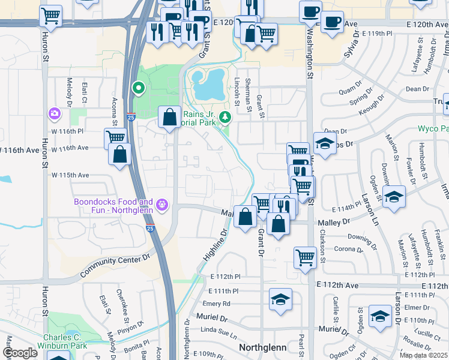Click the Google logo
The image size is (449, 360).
(x=20, y=353)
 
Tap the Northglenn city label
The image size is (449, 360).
(x=265, y=347)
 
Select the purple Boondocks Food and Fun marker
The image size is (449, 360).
(x=161, y=206)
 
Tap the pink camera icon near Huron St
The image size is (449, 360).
(x=54, y=113)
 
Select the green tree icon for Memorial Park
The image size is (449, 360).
(x=225, y=116)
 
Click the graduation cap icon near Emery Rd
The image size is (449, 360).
(x=280, y=300)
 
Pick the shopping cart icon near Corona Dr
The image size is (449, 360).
(x=305, y=257)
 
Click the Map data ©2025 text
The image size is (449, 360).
(x=423, y=355)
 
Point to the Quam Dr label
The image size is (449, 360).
(x=348, y=91)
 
